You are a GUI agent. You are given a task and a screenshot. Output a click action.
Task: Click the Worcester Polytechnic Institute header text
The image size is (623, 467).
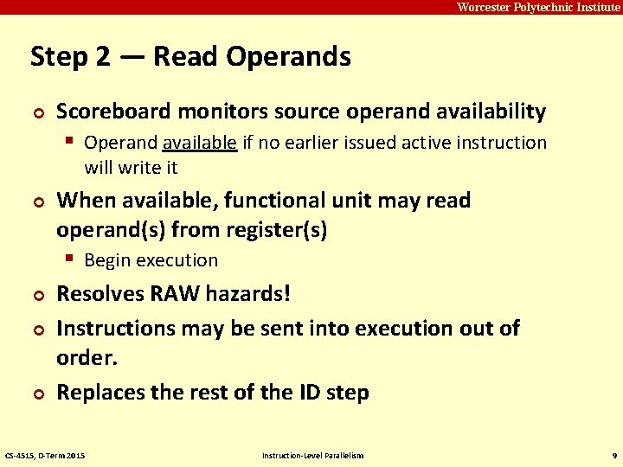point(538,7)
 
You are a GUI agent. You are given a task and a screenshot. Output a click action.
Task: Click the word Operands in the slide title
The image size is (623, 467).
point(288,57)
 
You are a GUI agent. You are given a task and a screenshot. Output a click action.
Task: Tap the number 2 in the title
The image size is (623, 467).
point(103,57)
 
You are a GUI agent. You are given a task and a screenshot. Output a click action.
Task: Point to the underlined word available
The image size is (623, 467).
point(199,143)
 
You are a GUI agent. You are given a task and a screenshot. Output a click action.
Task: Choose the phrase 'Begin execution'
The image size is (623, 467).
point(151,260)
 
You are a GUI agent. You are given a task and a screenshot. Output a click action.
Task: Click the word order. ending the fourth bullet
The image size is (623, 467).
point(87,358)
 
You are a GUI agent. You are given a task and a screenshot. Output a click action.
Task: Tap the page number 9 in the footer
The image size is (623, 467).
point(613,455)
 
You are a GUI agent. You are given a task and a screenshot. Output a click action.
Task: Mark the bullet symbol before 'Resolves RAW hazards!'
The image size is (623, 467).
point(35,296)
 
